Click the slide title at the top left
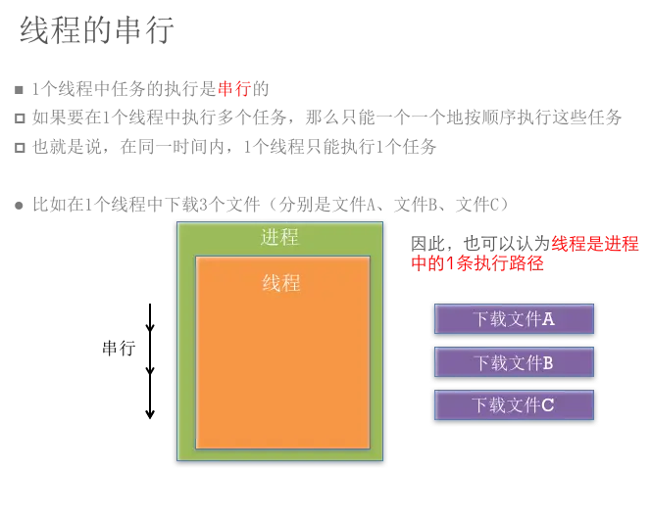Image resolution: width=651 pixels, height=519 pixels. (94, 31)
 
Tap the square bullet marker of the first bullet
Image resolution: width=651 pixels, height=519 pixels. (15, 86)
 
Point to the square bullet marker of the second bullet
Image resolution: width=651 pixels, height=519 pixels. (15, 203)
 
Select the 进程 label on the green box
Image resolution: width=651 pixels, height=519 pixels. (279, 238)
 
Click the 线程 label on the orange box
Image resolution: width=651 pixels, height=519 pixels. (281, 283)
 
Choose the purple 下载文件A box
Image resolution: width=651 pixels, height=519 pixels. (514, 319)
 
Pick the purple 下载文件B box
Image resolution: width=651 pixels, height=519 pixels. (514, 362)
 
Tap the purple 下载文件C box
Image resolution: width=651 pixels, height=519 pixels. (514, 405)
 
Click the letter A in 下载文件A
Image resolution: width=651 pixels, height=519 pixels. (548, 319)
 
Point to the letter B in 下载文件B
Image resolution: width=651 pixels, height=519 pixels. (548, 362)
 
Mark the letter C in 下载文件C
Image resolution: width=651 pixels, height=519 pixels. (548, 405)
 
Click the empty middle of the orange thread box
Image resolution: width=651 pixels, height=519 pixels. (282, 372)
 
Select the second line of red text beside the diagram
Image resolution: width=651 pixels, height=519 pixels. (477, 263)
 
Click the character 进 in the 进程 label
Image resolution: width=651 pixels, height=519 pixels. (270, 238)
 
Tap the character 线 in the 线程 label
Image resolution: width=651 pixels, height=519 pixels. (272, 283)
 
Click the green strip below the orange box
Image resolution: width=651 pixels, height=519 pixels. (282, 455)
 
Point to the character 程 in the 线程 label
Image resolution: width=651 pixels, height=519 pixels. (291, 283)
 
